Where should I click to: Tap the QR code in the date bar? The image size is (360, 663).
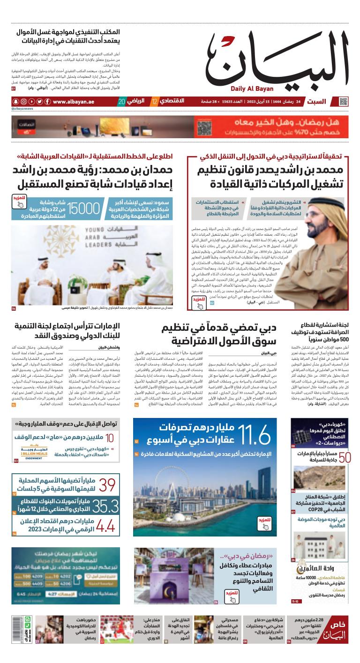344,101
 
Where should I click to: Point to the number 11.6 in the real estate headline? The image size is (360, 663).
254,435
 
